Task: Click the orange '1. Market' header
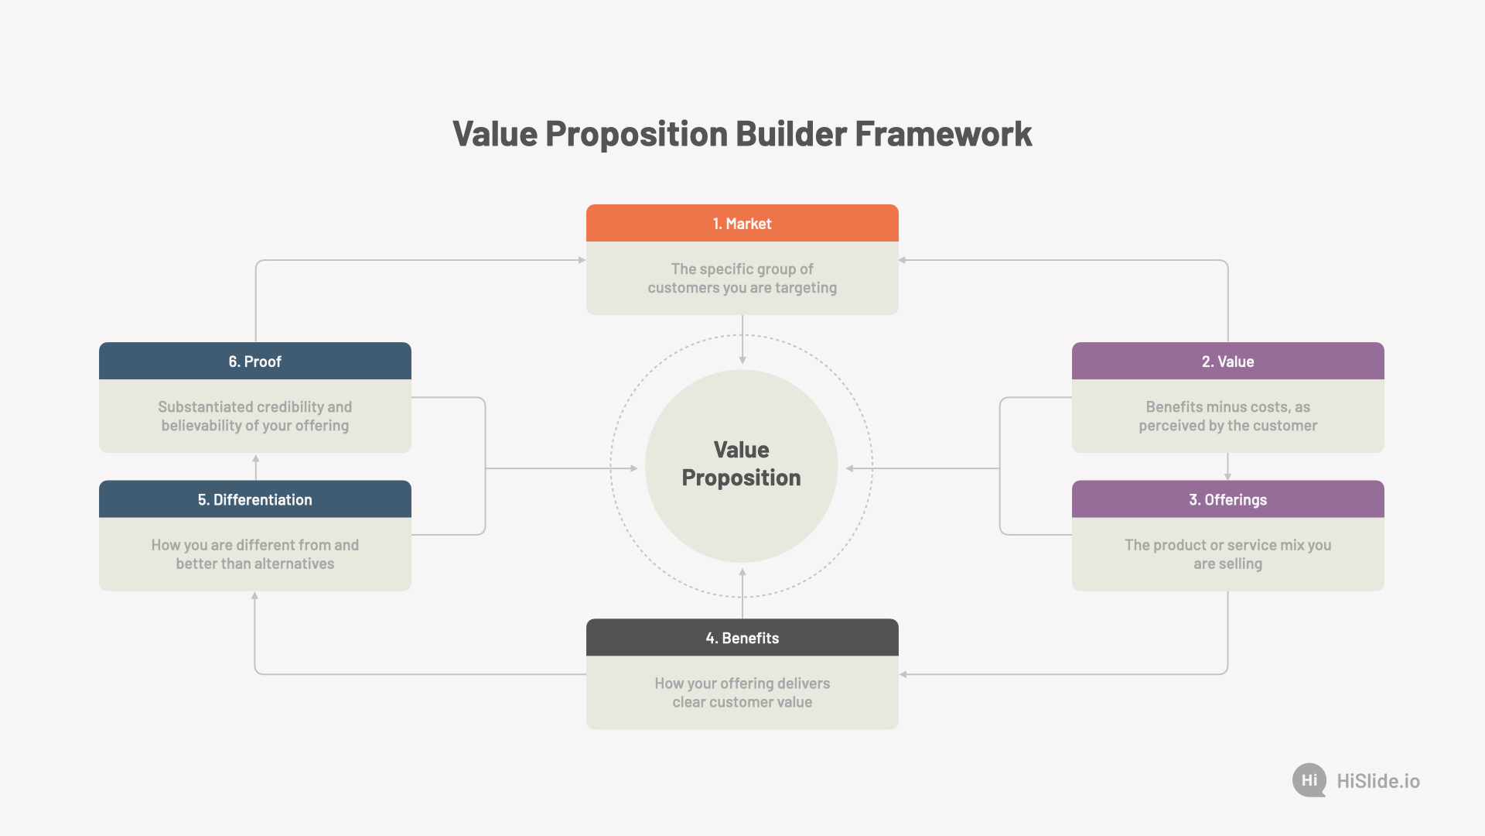[742, 223]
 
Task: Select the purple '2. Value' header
[1228, 361]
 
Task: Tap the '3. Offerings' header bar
[1228, 499]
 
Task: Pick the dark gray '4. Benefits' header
[742, 637]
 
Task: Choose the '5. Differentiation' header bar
[255, 499]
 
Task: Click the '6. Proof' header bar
[255, 361]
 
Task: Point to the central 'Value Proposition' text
[742, 464]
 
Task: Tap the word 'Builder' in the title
[791, 134]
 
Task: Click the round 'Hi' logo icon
[1309, 780]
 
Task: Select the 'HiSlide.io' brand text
[1378, 781]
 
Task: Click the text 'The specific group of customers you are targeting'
[742, 278]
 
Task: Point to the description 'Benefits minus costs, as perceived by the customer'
[1228, 416]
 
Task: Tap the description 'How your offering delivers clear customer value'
[742, 693]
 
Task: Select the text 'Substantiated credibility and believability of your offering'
[255, 416]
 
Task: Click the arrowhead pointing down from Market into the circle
[742, 360]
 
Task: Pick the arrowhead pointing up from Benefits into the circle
[742, 573]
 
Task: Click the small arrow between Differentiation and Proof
[255, 468]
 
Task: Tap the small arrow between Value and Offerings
[1228, 467]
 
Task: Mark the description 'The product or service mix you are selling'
[1228, 554]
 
